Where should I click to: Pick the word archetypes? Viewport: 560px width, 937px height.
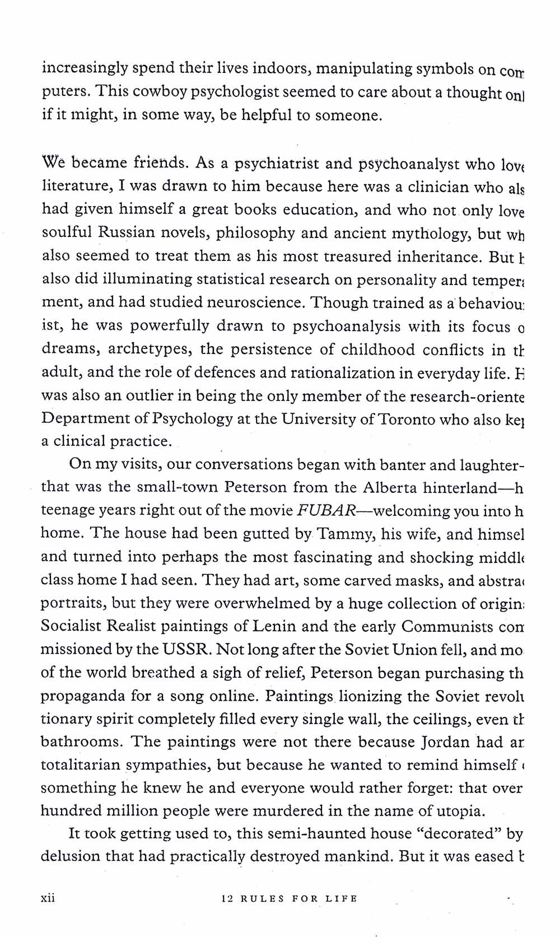click(150, 349)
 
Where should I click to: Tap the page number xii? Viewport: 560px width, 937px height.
click(48, 898)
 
